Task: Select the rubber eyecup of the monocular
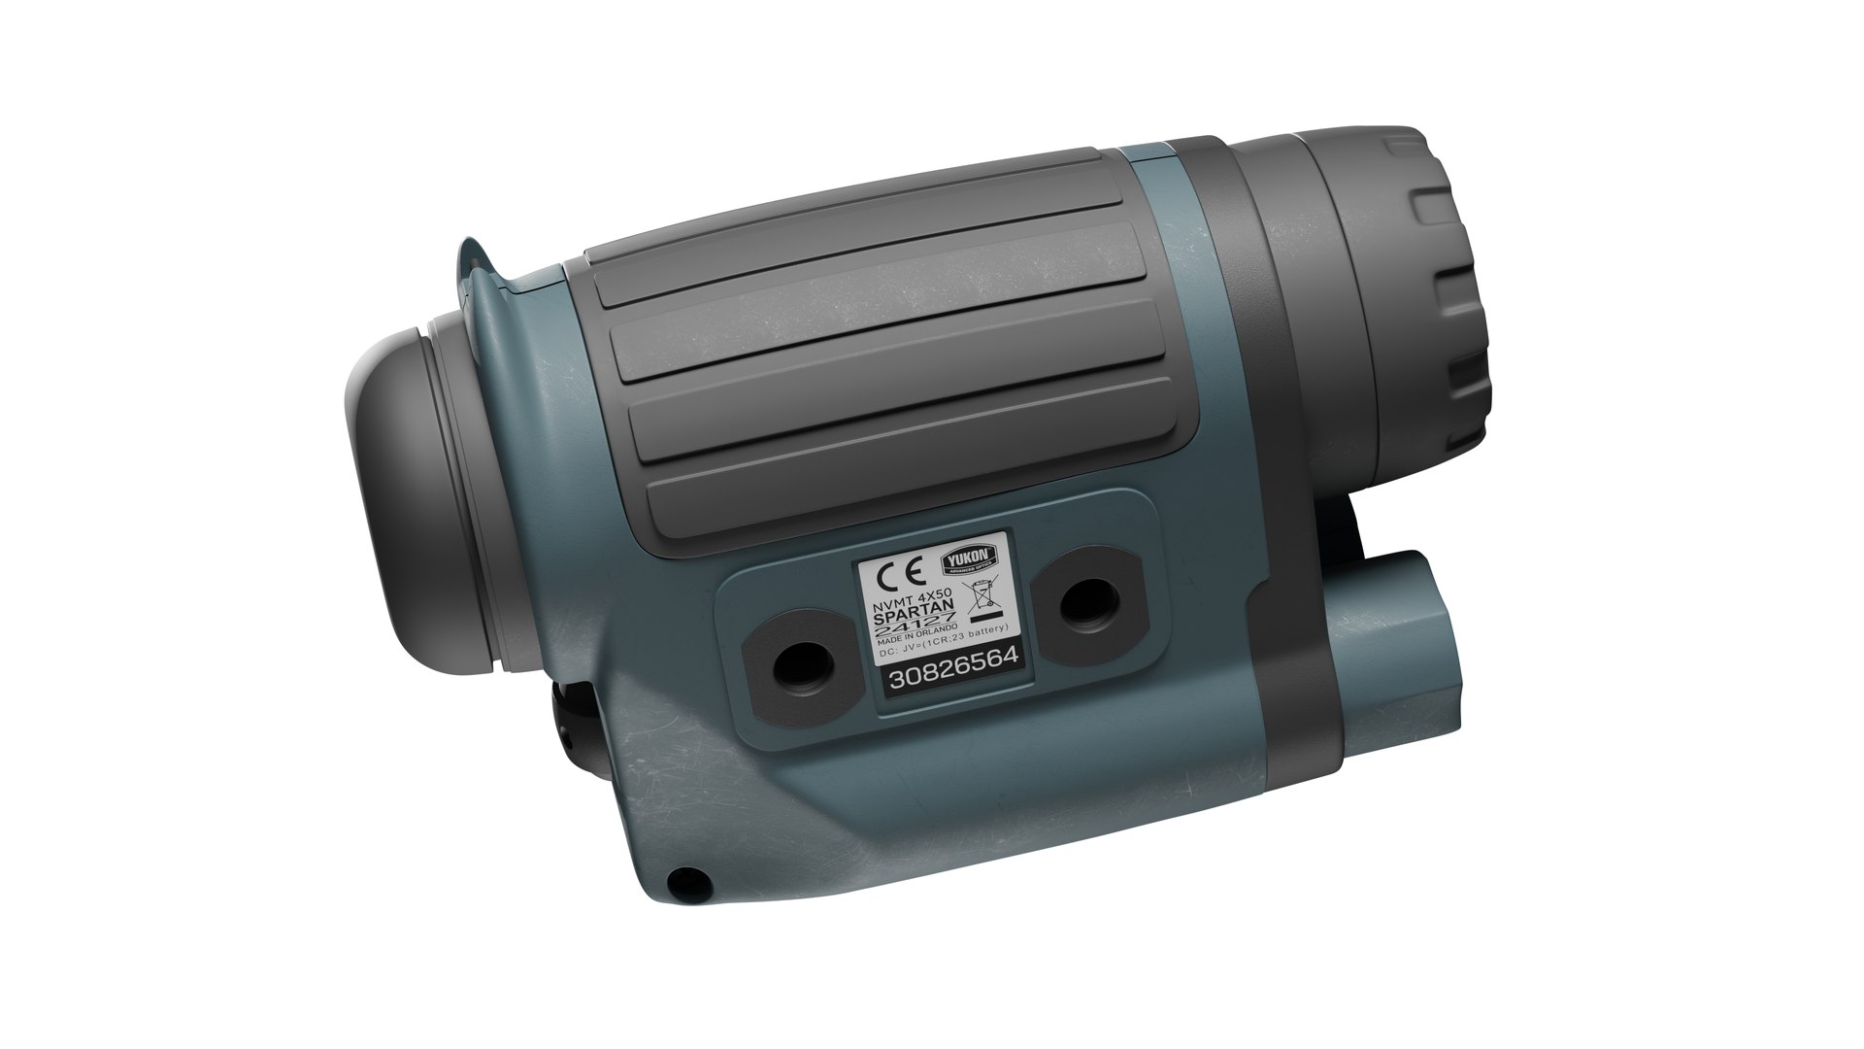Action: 417,495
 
